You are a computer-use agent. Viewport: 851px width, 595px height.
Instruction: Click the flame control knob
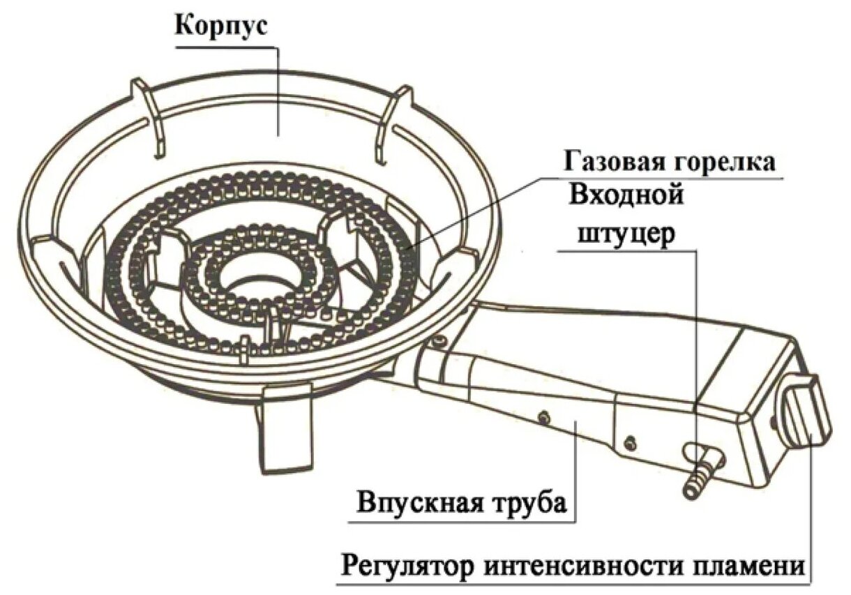pyautogui.click(x=807, y=412)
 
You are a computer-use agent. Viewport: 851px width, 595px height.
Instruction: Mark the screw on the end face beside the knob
pyautogui.click(x=774, y=421)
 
